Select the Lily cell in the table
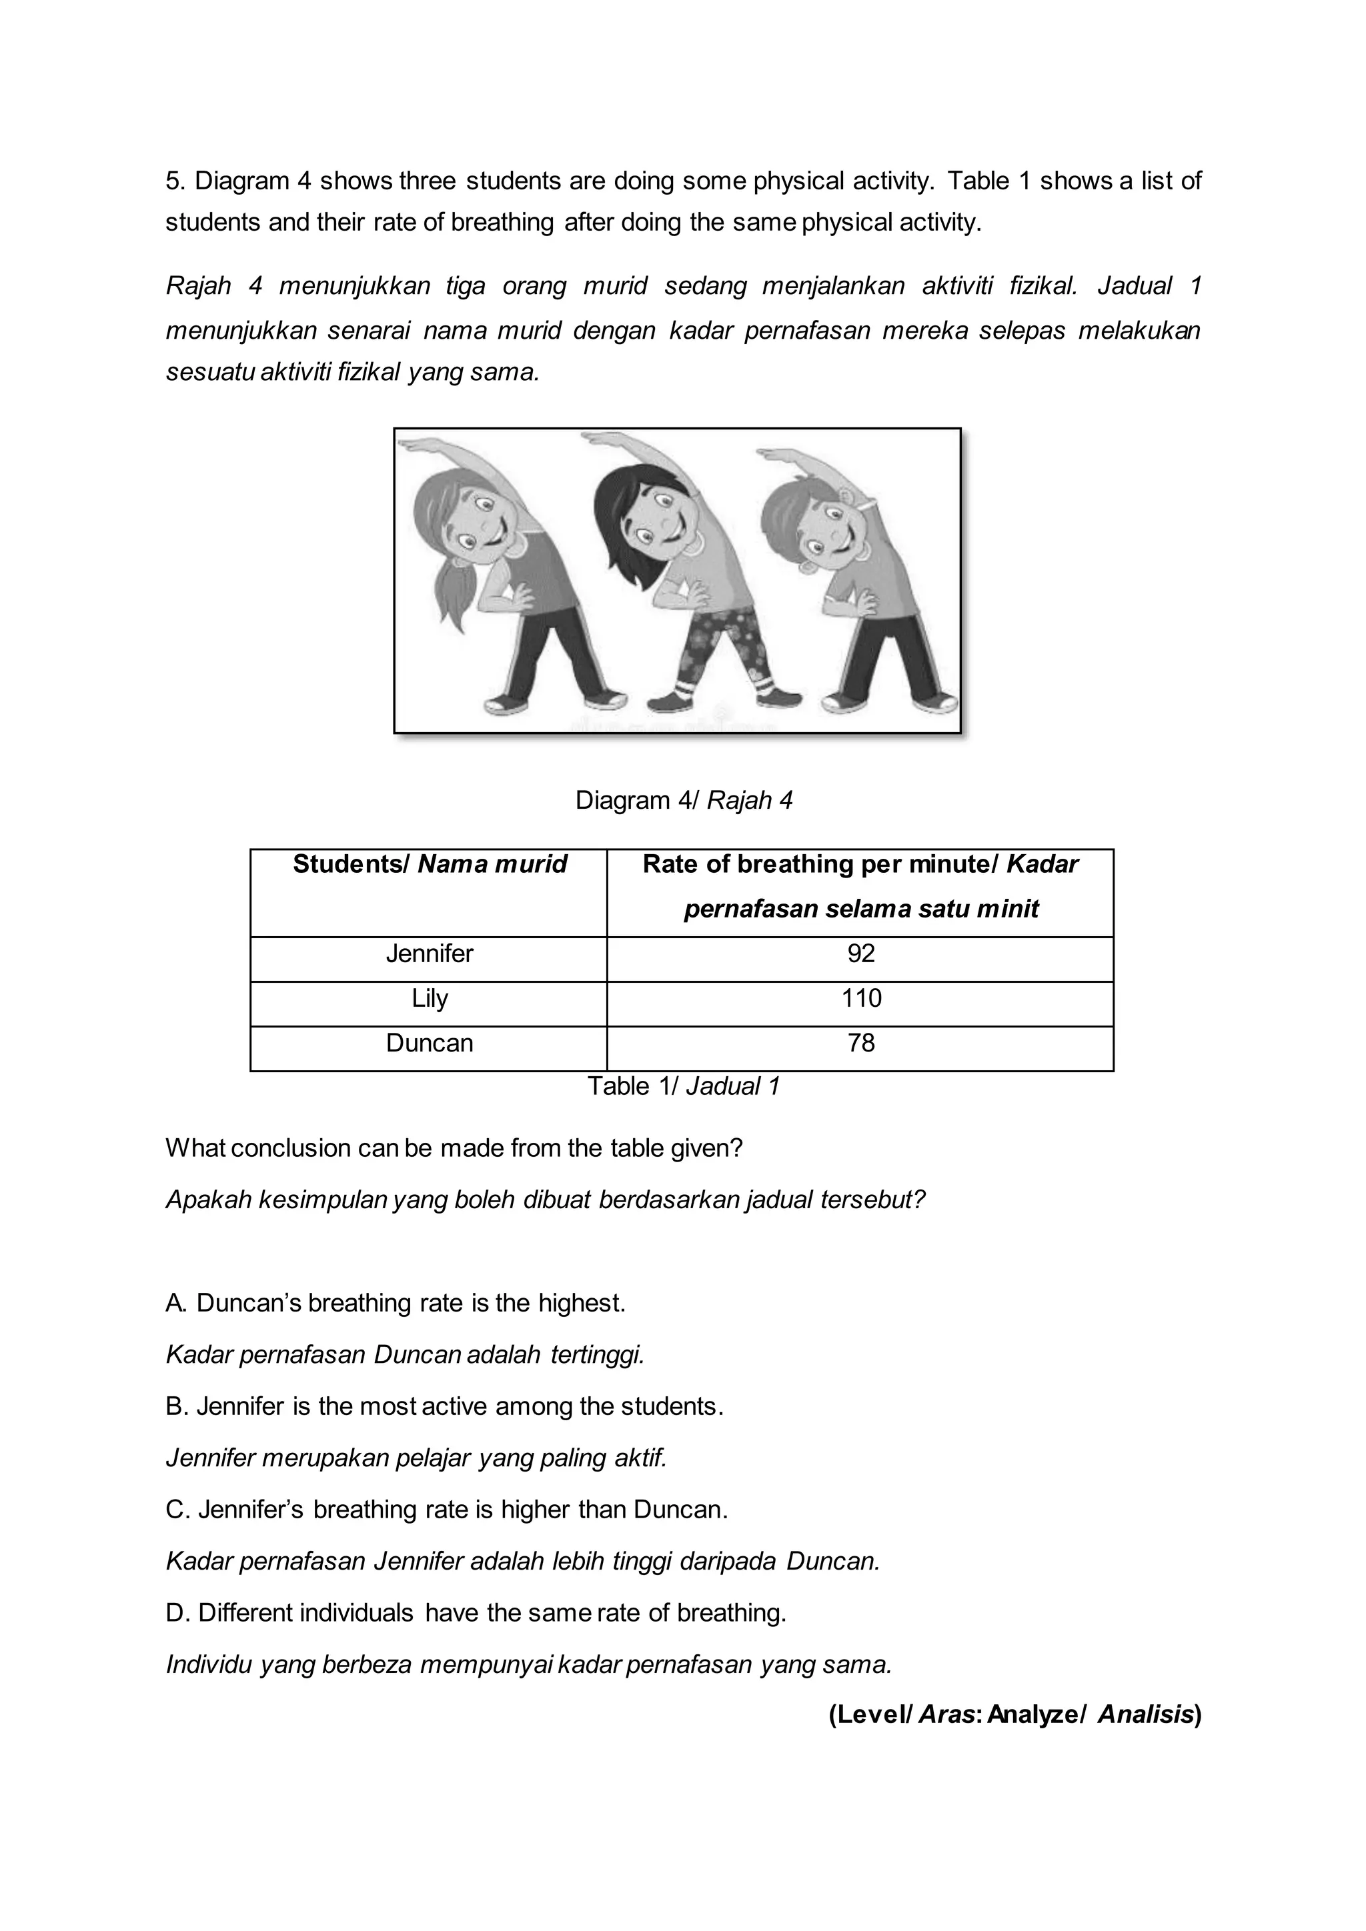[429, 999]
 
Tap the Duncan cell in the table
[429, 1044]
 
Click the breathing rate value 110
[860, 999]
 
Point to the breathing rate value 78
[860, 1044]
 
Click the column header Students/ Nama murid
[429, 865]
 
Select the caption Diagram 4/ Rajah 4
[683, 801]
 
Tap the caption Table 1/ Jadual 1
[683, 1087]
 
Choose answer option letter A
[174, 1304]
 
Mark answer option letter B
[174, 1407]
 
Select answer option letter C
[175, 1510]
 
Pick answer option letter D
[175, 1613]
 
